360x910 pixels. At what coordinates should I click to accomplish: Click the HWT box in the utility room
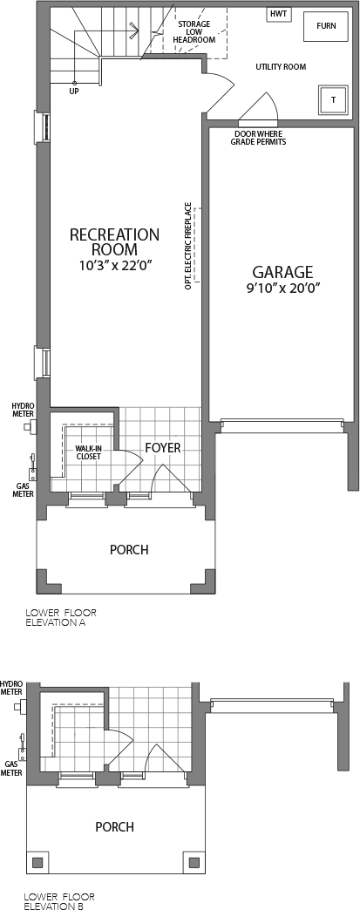pos(279,14)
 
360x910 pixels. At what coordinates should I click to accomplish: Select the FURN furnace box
pos(326,25)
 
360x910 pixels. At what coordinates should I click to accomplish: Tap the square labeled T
pos(333,99)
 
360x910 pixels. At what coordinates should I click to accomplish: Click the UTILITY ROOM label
pos(281,67)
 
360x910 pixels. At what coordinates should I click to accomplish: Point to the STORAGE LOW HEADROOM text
pos(194,32)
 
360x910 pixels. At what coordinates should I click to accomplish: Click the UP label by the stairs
pos(74,92)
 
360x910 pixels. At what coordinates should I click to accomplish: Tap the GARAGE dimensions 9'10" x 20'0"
pos(282,288)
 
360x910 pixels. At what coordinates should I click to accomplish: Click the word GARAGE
pos(282,272)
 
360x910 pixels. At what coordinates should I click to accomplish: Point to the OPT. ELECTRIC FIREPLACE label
pos(188,246)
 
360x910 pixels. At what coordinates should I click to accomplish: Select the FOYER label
pos(163,448)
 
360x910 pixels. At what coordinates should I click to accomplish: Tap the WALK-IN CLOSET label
pos(88,452)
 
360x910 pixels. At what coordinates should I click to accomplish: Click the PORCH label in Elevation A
pos(129,550)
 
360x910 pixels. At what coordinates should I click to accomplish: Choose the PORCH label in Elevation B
pos(115,826)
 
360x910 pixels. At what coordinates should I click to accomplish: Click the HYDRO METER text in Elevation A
pos(24,410)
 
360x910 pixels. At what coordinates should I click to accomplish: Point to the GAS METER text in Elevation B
pos(11,769)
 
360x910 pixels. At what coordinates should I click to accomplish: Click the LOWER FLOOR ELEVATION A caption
pos(61,618)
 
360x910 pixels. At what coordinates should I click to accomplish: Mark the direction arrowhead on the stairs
pos(135,27)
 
